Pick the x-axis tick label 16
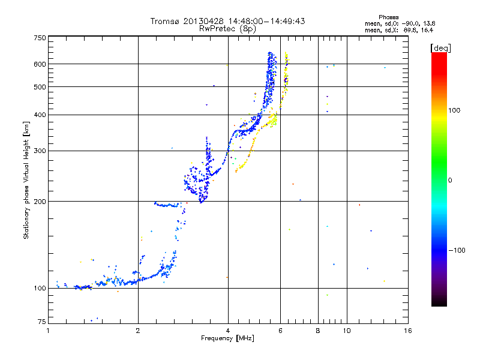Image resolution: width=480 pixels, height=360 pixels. point(407,331)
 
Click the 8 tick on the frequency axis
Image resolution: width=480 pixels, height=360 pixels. point(318,331)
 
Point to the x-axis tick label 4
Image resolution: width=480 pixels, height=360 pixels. point(228,331)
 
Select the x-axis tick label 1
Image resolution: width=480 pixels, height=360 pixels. point(49,331)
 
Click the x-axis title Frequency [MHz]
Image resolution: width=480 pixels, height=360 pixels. point(227,339)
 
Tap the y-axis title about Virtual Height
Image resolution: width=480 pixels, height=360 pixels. point(26,180)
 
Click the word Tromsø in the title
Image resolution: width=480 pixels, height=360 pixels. point(164,21)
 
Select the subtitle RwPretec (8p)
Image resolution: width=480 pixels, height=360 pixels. point(227,28)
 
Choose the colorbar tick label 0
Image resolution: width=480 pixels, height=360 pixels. point(451,180)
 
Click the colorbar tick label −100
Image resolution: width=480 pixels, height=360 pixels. point(457,250)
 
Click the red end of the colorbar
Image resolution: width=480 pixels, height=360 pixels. point(439,55)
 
